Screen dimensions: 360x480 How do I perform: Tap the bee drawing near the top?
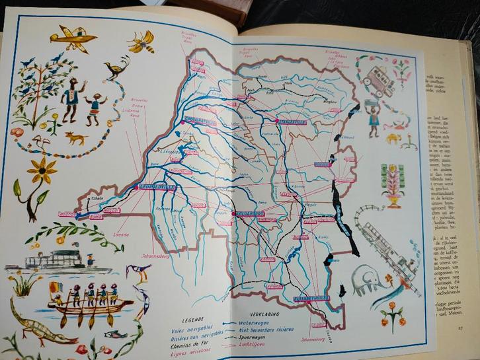pyautogui.click(x=142, y=41)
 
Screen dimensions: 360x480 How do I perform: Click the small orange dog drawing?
pyautogui.click(x=76, y=139)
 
